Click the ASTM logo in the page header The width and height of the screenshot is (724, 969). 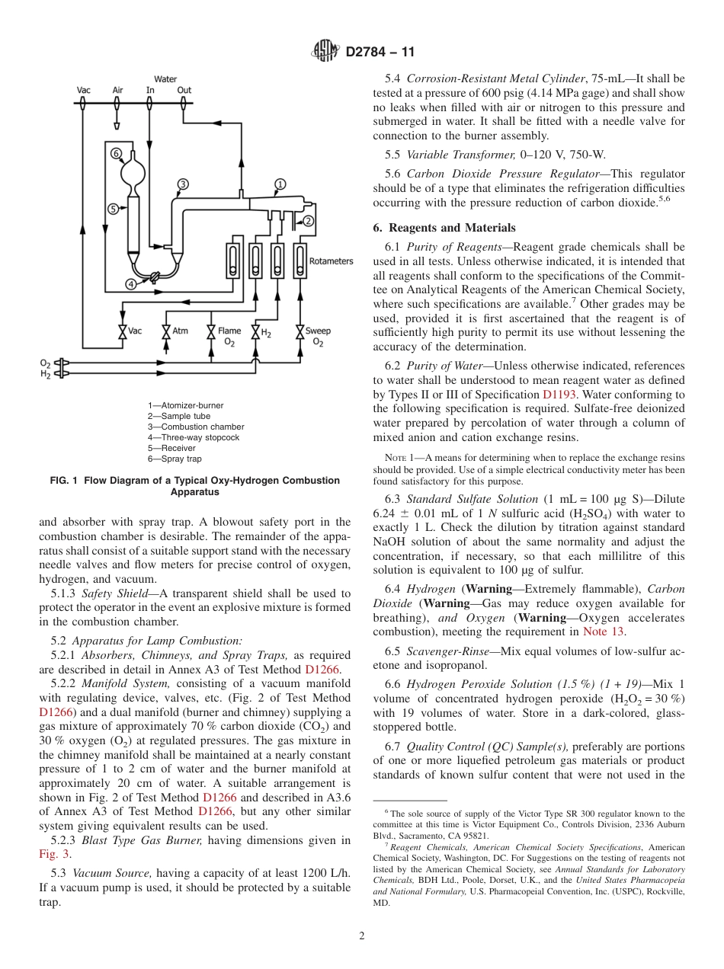coord(326,53)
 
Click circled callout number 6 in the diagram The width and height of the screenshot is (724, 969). coord(117,153)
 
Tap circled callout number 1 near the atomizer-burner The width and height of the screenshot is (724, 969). coord(280,184)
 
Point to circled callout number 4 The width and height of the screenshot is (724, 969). coord(131,284)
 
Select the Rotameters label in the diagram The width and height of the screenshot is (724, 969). coord(331,261)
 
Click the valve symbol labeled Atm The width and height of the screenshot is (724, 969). coord(166,331)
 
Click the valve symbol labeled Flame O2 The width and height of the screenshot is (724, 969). coord(211,331)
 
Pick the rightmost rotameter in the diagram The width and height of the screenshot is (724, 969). coord(300,261)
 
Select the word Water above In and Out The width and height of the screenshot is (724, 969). coord(165,79)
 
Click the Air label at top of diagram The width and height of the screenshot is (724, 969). coord(117,91)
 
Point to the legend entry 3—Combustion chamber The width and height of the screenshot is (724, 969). coord(196,427)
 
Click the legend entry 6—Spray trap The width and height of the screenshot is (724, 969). coord(175,459)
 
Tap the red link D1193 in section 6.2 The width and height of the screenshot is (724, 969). coord(557,395)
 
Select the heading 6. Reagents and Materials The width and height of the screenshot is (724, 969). coord(444,228)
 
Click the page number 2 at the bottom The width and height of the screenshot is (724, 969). coord(362,936)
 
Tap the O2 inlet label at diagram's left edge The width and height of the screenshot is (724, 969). coord(45,363)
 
